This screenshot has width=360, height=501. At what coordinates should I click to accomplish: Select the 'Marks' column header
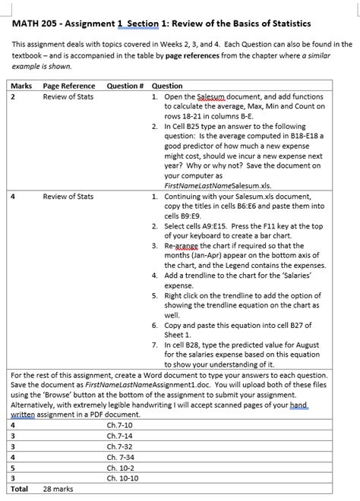(x=21, y=86)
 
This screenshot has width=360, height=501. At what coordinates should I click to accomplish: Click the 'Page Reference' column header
(x=69, y=86)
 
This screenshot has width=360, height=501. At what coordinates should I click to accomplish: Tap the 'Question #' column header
(x=125, y=86)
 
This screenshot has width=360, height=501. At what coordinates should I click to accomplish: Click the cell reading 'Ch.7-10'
(x=120, y=426)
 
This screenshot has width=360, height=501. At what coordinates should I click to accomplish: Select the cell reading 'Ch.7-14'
(x=120, y=436)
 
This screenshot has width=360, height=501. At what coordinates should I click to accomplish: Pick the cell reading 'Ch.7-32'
(x=120, y=447)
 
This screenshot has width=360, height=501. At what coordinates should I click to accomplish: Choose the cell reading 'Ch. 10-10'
(x=123, y=479)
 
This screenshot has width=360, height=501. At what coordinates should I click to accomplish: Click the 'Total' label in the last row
(x=18, y=490)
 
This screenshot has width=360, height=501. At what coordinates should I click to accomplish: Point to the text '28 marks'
(x=58, y=490)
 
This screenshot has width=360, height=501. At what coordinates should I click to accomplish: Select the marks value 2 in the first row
(x=13, y=98)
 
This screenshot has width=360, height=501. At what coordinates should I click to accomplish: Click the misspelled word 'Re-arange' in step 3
(x=191, y=247)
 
